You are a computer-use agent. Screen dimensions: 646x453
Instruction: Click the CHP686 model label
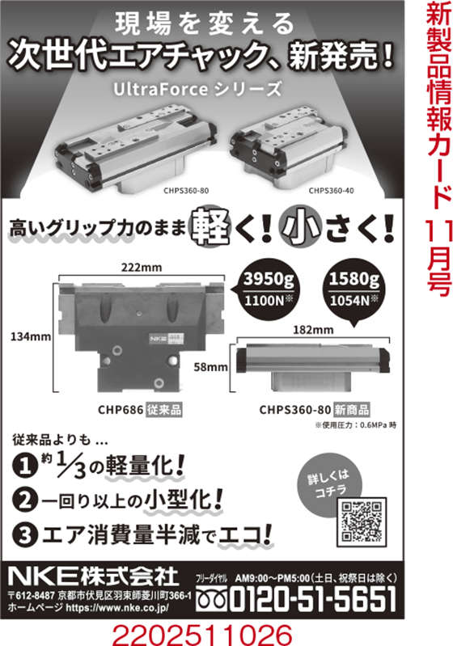(121, 410)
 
